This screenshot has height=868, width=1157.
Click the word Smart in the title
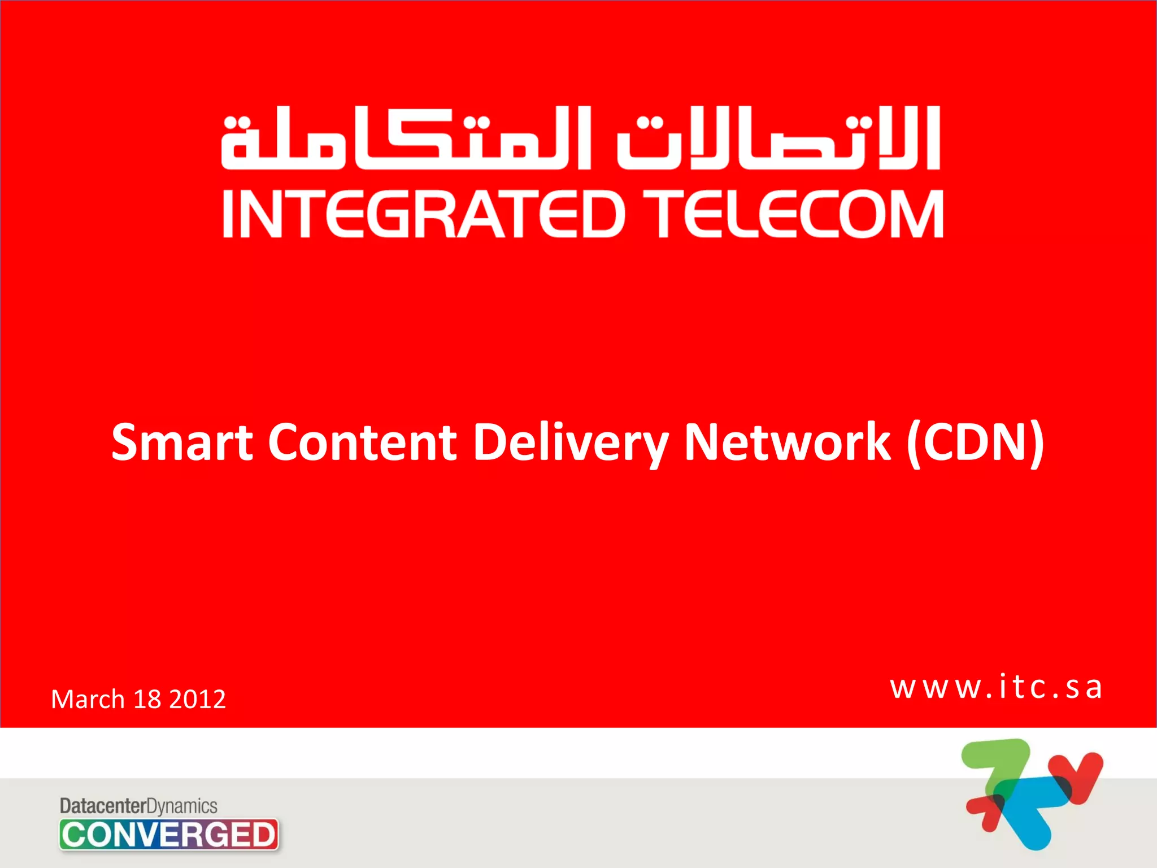(x=182, y=442)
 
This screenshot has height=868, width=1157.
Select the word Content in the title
(x=362, y=442)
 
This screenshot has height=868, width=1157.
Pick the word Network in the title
(x=787, y=442)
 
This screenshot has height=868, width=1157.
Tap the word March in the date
(x=88, y=699)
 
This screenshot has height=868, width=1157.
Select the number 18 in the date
(x=147, y=700)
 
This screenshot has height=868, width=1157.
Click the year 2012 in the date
(x=197, y=700)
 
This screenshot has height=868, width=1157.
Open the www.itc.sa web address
(x=996, y=688)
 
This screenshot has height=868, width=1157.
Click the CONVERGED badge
(x=168, y=835)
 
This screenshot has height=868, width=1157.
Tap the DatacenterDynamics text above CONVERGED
(x=138, y=806)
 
